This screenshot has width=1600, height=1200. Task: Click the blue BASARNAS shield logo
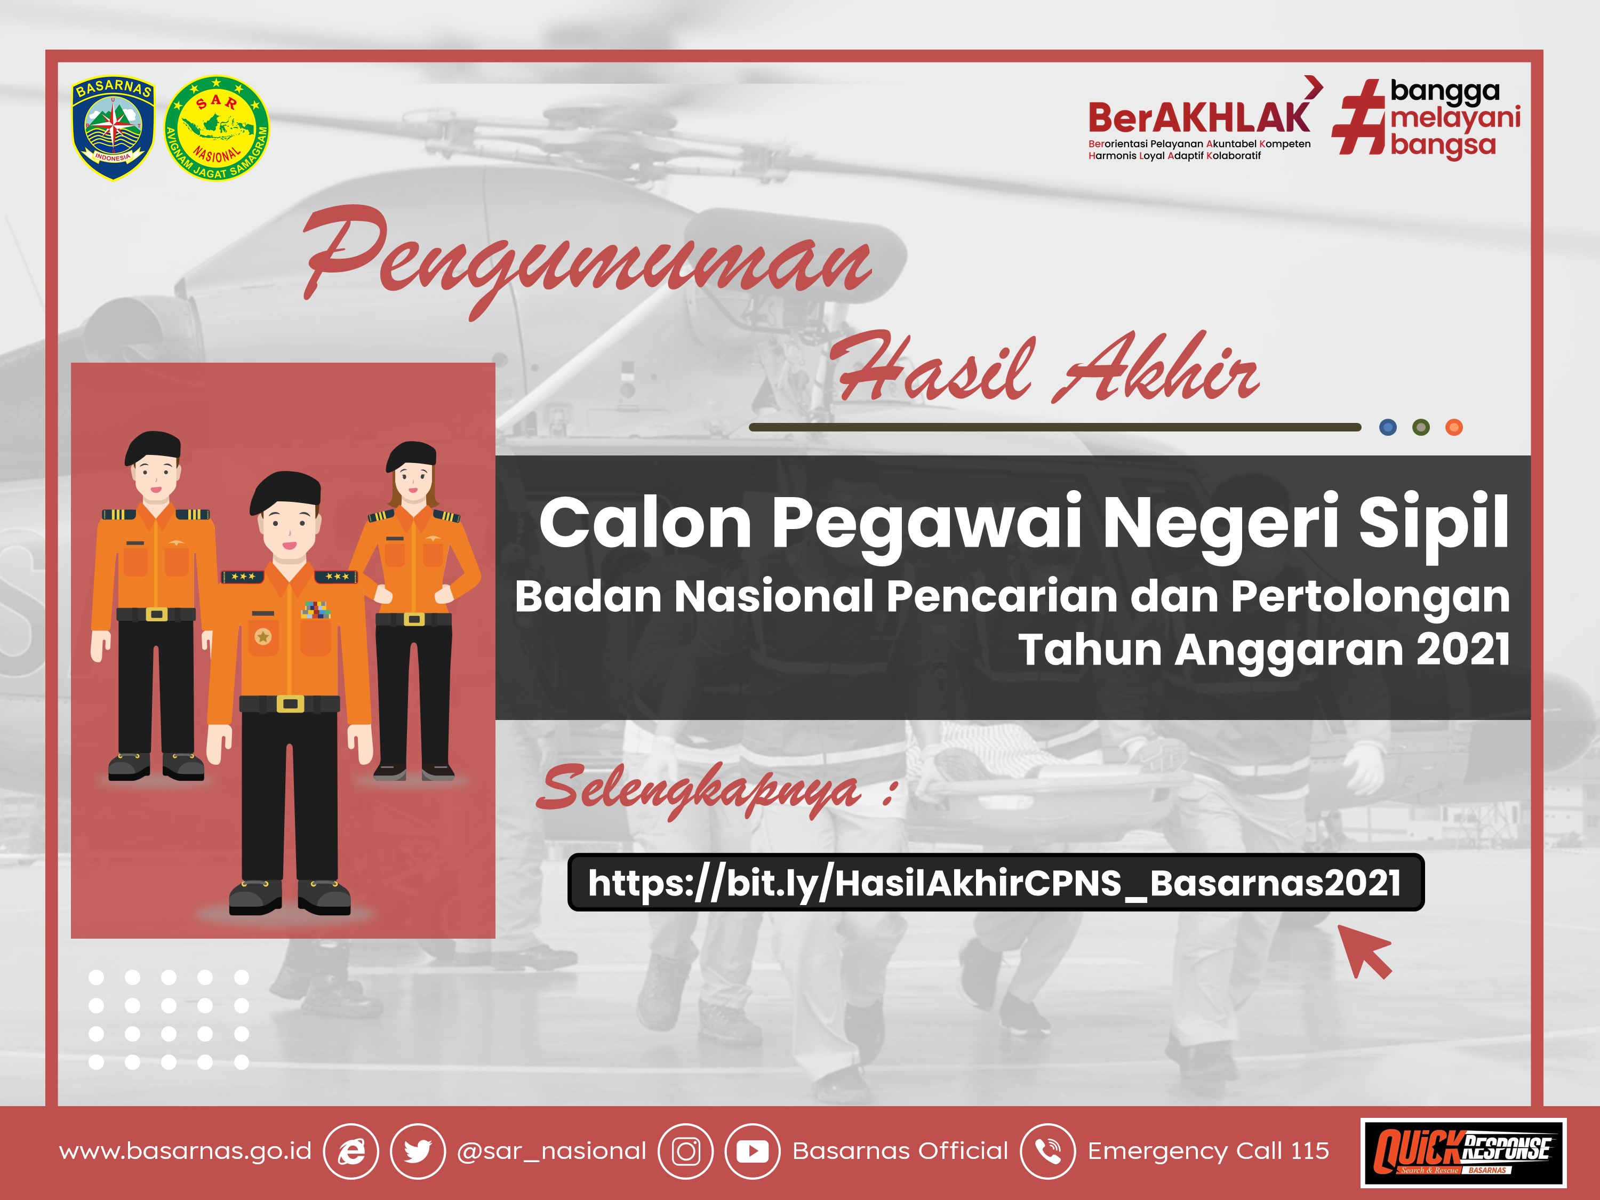click(114, 128)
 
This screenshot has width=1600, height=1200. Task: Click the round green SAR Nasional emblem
click(217, 128)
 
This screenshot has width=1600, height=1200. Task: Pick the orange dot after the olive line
click(1454, 428)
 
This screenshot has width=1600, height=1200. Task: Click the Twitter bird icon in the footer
click(418, 1151)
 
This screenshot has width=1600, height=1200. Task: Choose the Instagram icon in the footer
click(686, 1151)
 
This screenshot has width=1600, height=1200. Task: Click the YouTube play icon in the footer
click(752, 1151)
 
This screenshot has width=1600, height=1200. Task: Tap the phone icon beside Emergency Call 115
click(1047, 1151)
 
